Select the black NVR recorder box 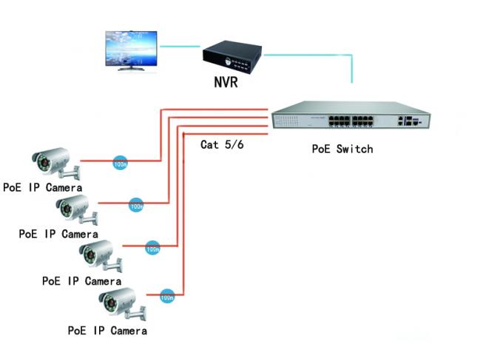coord(232,52)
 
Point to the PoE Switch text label coord(342,149)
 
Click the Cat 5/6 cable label coord(222,144)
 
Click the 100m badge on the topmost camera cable coord(119,163)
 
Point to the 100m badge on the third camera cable coord(153,249)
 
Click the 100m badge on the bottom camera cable coord(167,296)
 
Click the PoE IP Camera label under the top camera coord(42,187)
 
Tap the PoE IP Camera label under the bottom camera coord(107,330)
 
